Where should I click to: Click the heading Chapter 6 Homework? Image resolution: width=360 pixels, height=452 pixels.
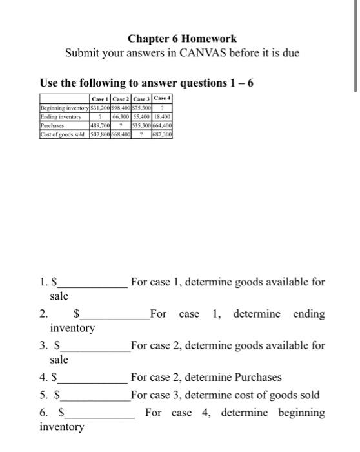pos(181,39)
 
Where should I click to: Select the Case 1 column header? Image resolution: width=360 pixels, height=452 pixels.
pos(100,98)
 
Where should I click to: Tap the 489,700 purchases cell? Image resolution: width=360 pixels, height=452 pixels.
pos(99,125)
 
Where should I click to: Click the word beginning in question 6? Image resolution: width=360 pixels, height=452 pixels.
pos(301,413)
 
